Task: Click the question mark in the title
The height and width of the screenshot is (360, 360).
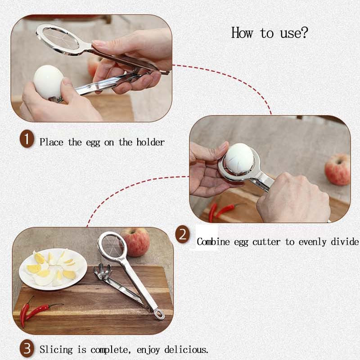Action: (303, 32)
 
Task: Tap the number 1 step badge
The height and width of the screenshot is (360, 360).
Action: (27, 139)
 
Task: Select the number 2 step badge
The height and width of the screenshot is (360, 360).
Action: (183, 234)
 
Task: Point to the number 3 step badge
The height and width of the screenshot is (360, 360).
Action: (27, 348)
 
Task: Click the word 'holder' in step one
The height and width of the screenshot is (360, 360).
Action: (150, 142)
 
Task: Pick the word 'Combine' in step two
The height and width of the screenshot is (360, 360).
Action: (213, 242)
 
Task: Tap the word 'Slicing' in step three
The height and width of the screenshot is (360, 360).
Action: (56, 350)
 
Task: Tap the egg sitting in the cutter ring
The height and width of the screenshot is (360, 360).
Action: (239, 159)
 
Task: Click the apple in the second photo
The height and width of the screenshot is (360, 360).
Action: (337, 170)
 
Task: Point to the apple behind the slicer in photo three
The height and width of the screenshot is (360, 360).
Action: (136, 242)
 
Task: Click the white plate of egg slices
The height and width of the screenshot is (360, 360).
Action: (53, 269)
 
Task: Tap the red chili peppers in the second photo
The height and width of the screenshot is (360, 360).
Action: (221, 211)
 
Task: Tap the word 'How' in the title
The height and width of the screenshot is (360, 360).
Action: (242, 32)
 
